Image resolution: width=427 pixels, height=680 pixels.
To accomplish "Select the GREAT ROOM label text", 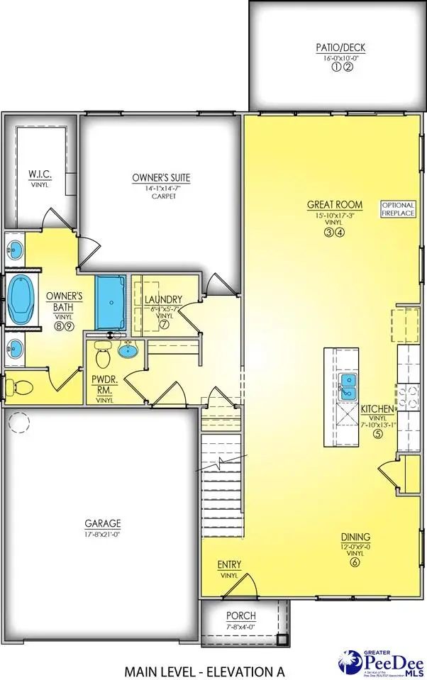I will pyautogui.click(x=331, y=204).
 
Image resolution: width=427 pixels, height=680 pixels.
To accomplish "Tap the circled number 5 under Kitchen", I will pyautogui.click(x=378, y=434).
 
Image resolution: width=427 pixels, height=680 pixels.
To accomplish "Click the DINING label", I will pyautogui.click(x=355, y=537).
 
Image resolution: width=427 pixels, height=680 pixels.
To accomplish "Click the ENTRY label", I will pyautogui.click(x=229, y=564).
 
